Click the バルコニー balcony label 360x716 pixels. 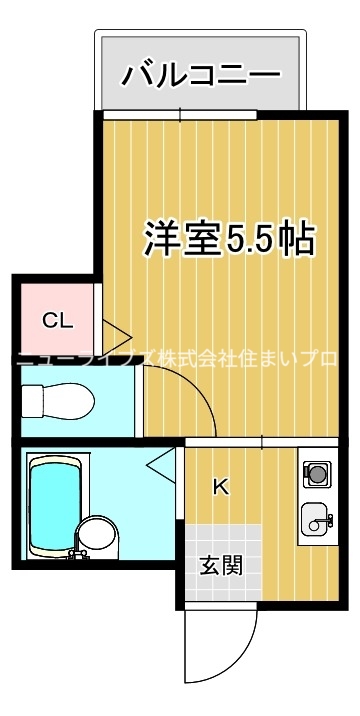coord(201,75)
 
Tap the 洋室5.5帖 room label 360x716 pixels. coord(229,239)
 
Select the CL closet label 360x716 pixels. coord(57,321)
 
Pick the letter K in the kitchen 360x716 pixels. coord(221,487)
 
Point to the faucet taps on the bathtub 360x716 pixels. coord(75,553)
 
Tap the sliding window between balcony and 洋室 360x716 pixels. coord(180,115)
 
